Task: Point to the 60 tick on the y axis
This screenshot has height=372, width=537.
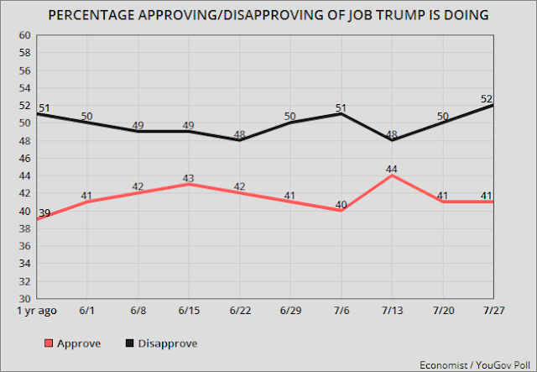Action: pos(25,35)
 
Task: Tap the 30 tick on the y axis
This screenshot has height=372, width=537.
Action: pos(25,298)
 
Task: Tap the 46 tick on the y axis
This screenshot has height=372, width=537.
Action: pos(25,158)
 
